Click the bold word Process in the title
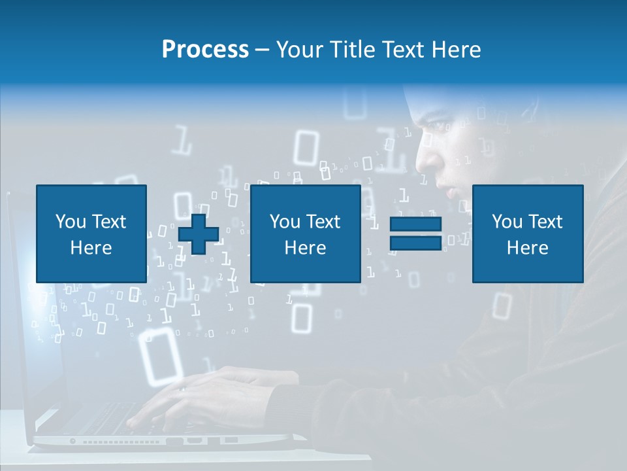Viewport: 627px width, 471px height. (205, 50)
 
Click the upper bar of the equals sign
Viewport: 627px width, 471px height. (415, 224)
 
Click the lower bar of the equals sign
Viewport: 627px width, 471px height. (415, 243)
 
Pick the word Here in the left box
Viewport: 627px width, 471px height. (91, 248)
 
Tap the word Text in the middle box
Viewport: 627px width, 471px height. (323, 222)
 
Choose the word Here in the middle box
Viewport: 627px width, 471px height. (305, 248)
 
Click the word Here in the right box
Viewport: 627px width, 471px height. (527, 248)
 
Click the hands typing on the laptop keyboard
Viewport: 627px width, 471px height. (196, 392)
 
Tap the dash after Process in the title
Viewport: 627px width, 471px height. (263, 50)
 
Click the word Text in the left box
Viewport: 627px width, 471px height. (108, 222)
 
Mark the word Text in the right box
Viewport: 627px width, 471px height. (545, 222)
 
